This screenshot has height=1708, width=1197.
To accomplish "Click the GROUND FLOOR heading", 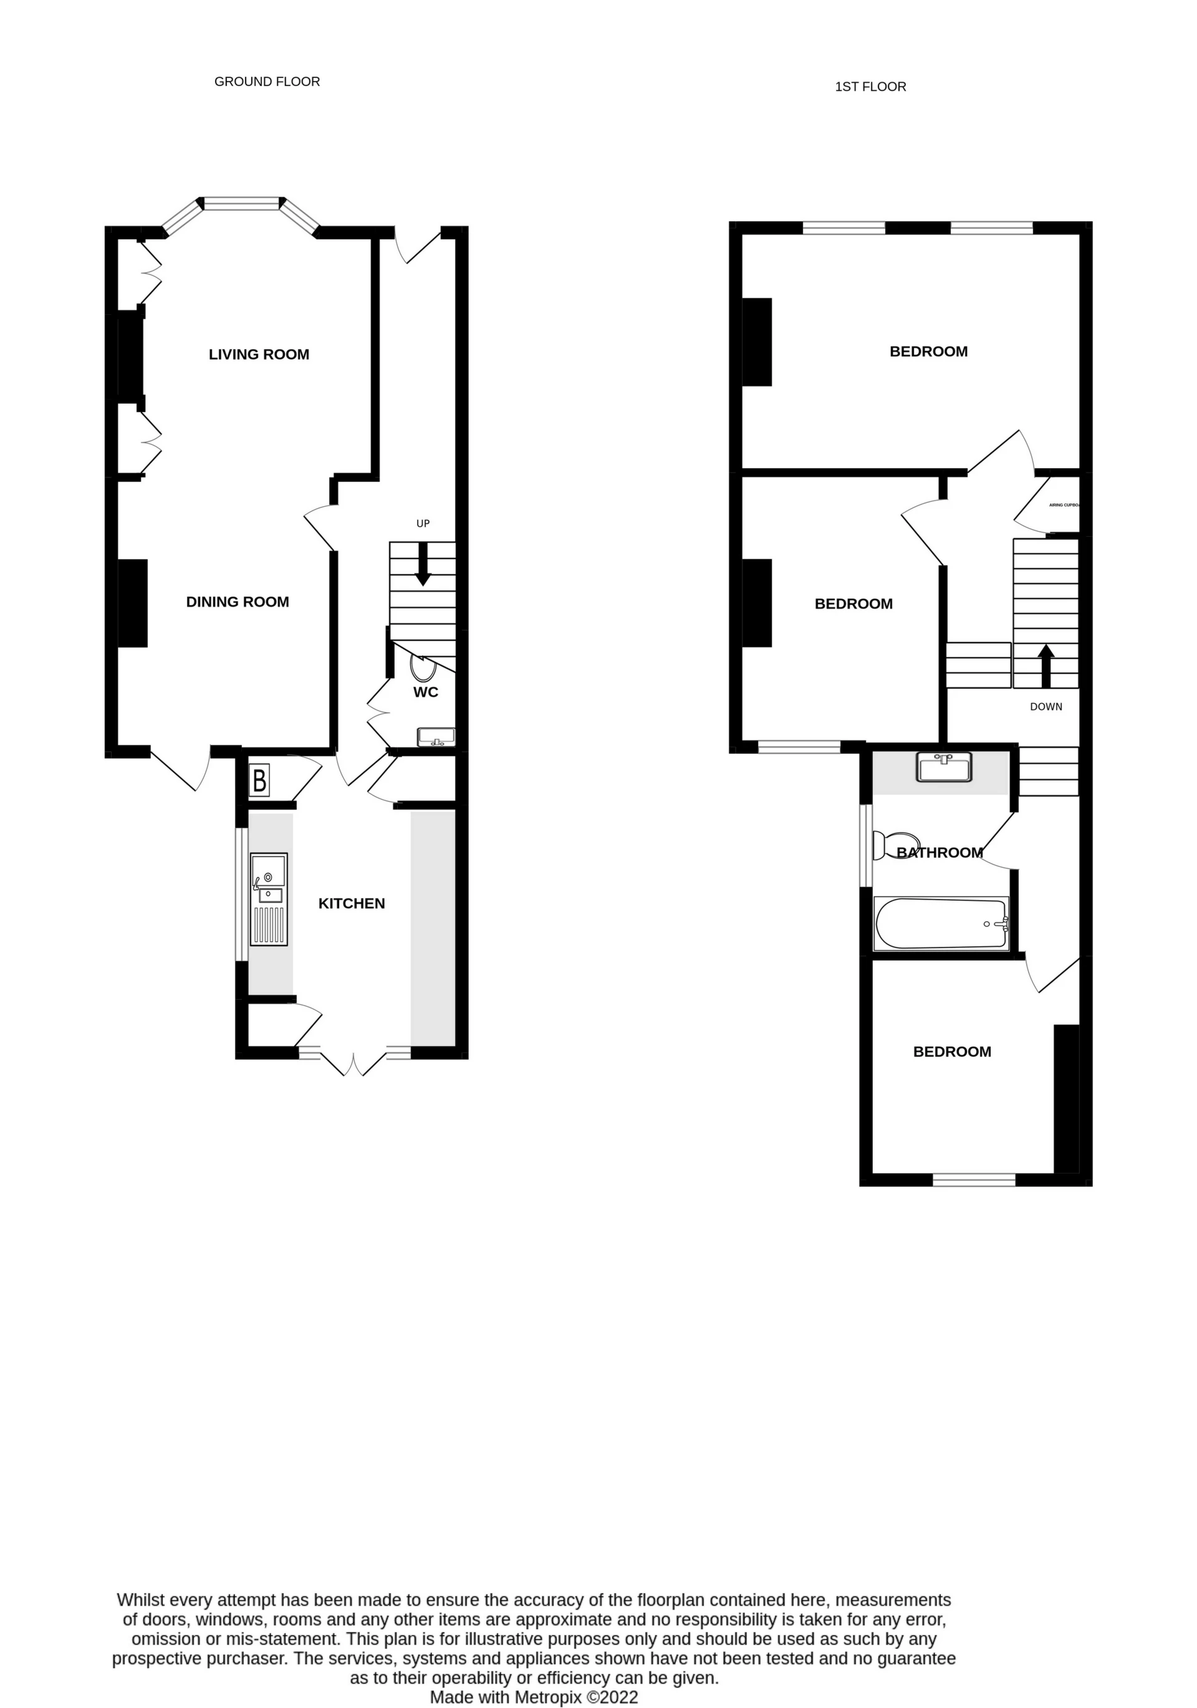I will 267,82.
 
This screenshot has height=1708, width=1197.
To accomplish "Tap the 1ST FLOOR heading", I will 870,87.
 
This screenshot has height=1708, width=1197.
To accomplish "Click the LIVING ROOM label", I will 259,355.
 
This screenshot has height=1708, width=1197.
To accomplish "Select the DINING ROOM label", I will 238,602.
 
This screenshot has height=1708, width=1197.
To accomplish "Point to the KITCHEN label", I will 351,903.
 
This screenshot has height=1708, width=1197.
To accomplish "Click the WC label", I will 426,692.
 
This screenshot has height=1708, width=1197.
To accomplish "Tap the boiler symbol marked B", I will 259,781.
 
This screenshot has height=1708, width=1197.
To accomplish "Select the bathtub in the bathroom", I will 942,923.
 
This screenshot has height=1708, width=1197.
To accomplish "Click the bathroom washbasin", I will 944,767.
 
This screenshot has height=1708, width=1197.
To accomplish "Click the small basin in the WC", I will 436,736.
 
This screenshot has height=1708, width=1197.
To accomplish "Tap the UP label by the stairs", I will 423,524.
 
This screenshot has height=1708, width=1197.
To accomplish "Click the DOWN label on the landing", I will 1046,707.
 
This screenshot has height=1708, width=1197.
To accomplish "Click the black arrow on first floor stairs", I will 1046,664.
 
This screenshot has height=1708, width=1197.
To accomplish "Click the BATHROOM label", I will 940,853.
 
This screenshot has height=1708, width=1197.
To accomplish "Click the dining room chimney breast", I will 132,603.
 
